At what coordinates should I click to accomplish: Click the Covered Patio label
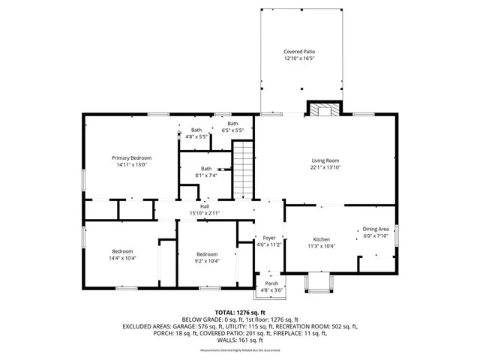point(299,52)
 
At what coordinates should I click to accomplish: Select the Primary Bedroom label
point(131,157)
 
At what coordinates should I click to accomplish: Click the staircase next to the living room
point(242,170)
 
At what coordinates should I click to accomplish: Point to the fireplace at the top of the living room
point(325,110)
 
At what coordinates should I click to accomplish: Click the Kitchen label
point(322,239)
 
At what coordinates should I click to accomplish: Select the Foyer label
point(268,238)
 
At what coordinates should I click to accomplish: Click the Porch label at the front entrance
point(271,283)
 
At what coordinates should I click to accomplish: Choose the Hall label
point(204,207)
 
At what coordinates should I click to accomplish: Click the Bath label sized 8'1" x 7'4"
point(205,169)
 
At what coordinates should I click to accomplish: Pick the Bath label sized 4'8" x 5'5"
point(196,130)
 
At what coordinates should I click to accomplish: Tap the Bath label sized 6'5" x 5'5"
point(233,124)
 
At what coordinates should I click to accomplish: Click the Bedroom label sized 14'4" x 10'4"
point(123,251)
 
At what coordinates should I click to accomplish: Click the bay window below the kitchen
point(317,283)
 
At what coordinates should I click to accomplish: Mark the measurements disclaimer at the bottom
point(240,350)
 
